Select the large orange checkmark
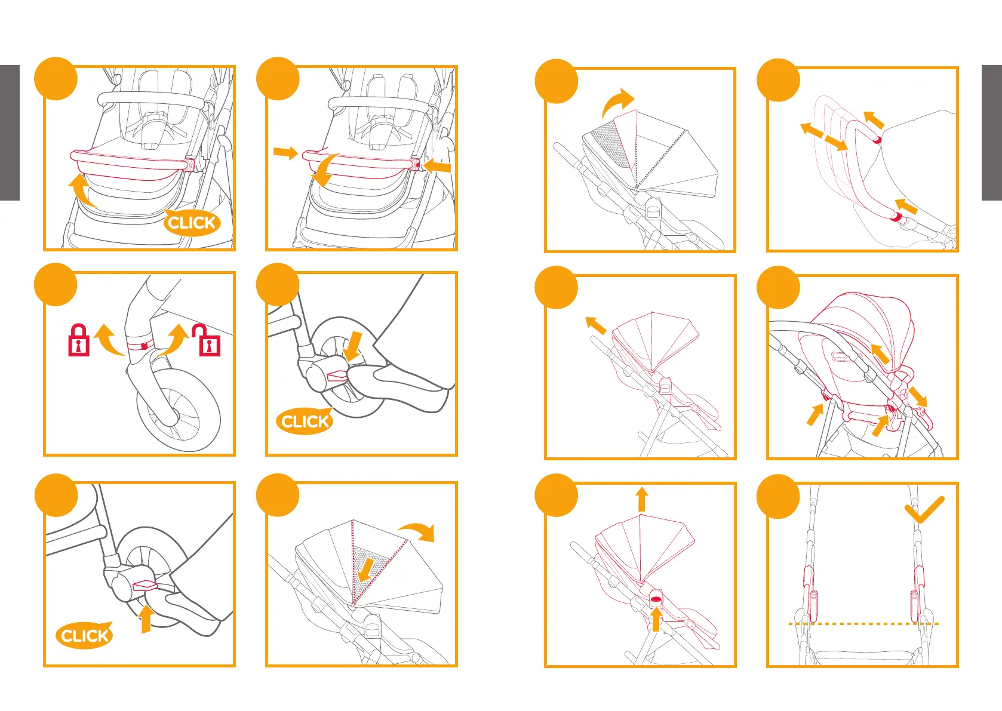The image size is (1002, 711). coord(924,509)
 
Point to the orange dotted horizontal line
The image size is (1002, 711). coord(863,623)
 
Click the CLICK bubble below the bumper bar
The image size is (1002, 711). coord(192,222)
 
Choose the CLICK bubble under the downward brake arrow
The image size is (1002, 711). coord(305,421)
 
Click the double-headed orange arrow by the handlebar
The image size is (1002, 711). coord(823,136)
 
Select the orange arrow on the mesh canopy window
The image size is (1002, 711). coord(367,570)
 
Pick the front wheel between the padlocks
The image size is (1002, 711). coord(178,409)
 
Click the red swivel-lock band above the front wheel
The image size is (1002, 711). coord(140,345)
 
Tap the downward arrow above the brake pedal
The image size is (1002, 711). coord(354,346)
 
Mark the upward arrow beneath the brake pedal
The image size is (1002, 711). coord(146,618)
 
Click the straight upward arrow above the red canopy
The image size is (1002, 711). coord(642,499)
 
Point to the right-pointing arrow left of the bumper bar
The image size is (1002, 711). coord(285,152)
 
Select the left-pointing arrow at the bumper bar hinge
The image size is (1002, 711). coord(436,167)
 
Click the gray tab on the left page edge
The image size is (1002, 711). coord(10,133)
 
